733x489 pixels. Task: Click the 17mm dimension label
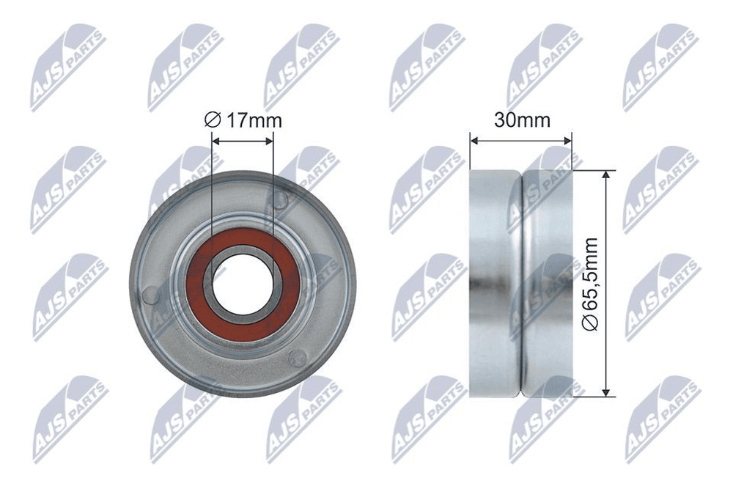pos(243,120)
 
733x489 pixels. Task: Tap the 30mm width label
pos(522,120)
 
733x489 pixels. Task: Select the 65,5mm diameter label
pos(591,284)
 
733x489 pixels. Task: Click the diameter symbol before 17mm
pos(213,120)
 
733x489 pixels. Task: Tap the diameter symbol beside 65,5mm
pos(592,323)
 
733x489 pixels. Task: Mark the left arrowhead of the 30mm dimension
pos(474,140)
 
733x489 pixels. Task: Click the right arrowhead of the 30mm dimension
pos(567,140)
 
